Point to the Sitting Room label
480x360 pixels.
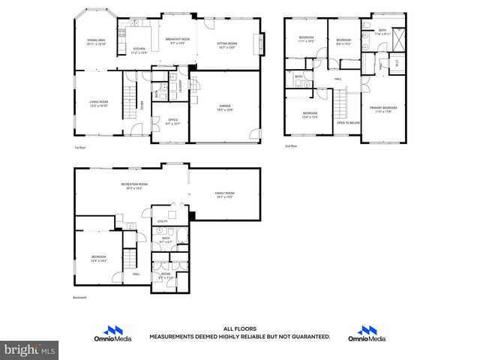coord(226,44)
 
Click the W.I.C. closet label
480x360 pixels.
coord(396,64)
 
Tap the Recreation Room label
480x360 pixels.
coord(133,185)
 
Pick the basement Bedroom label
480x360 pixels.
coord(98,259)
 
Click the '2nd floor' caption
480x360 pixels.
coord(292,146)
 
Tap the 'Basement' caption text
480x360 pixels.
coord(80,298)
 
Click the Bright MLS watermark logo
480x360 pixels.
coord(30,350)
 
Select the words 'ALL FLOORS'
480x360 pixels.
coord(239,329)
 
